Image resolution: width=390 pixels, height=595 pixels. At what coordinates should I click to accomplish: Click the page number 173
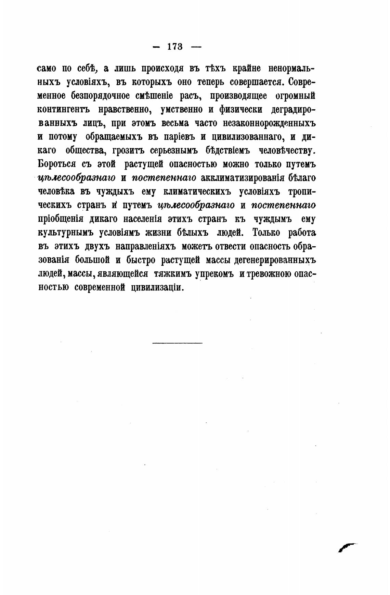pyautogui.click(x=175, y=47)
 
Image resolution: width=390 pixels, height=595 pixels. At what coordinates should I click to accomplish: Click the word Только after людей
pyautogui.click(x=266, y=233)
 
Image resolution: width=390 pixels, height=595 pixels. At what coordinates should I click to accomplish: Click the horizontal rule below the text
pyautogui.click(x=177, y=343)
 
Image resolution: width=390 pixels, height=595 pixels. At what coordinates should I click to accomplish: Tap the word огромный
pyautogui.click(x=295, y=96)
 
